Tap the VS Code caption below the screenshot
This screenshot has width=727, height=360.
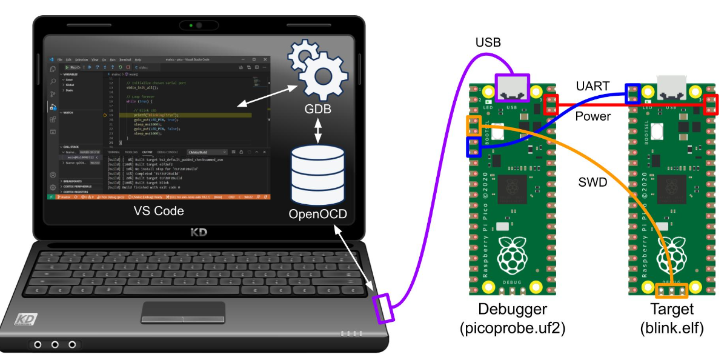tap(158, 210)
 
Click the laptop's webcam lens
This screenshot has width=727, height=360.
tap(198, 26)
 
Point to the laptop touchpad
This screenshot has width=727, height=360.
tap(183, 312)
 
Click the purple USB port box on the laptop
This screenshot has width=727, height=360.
tap(384, 308)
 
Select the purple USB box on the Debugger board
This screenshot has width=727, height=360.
tap(513, 88)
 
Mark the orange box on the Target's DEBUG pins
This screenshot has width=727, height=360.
tap(672, 292)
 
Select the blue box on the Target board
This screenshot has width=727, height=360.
tap(632, 95)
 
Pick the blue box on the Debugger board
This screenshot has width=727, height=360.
tap(473, 146)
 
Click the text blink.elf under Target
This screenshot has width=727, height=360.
tap(672, 330)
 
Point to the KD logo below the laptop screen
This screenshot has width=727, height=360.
tap(199, 232)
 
